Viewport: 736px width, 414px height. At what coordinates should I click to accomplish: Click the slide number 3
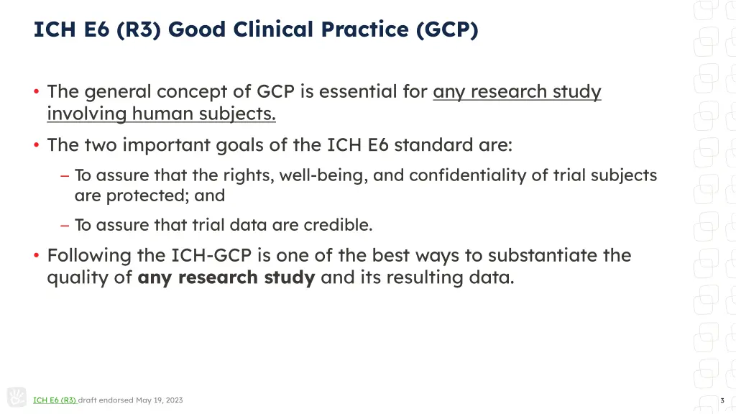pos(722,400)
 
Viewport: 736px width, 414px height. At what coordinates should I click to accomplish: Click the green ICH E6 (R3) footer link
pos(55,400)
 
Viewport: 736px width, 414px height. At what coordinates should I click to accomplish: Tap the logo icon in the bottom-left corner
pos(17,397)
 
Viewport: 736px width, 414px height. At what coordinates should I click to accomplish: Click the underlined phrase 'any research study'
pos(517,92)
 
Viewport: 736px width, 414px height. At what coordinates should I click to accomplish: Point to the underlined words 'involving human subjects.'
pos(161,114)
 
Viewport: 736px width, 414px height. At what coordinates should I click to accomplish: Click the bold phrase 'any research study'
pos(226,277)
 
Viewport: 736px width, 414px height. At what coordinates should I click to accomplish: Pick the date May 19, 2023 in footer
pos(160,400)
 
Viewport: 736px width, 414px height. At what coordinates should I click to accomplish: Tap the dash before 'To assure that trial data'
pos(65,225)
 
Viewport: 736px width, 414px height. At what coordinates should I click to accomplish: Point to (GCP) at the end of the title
pos(446,29)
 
